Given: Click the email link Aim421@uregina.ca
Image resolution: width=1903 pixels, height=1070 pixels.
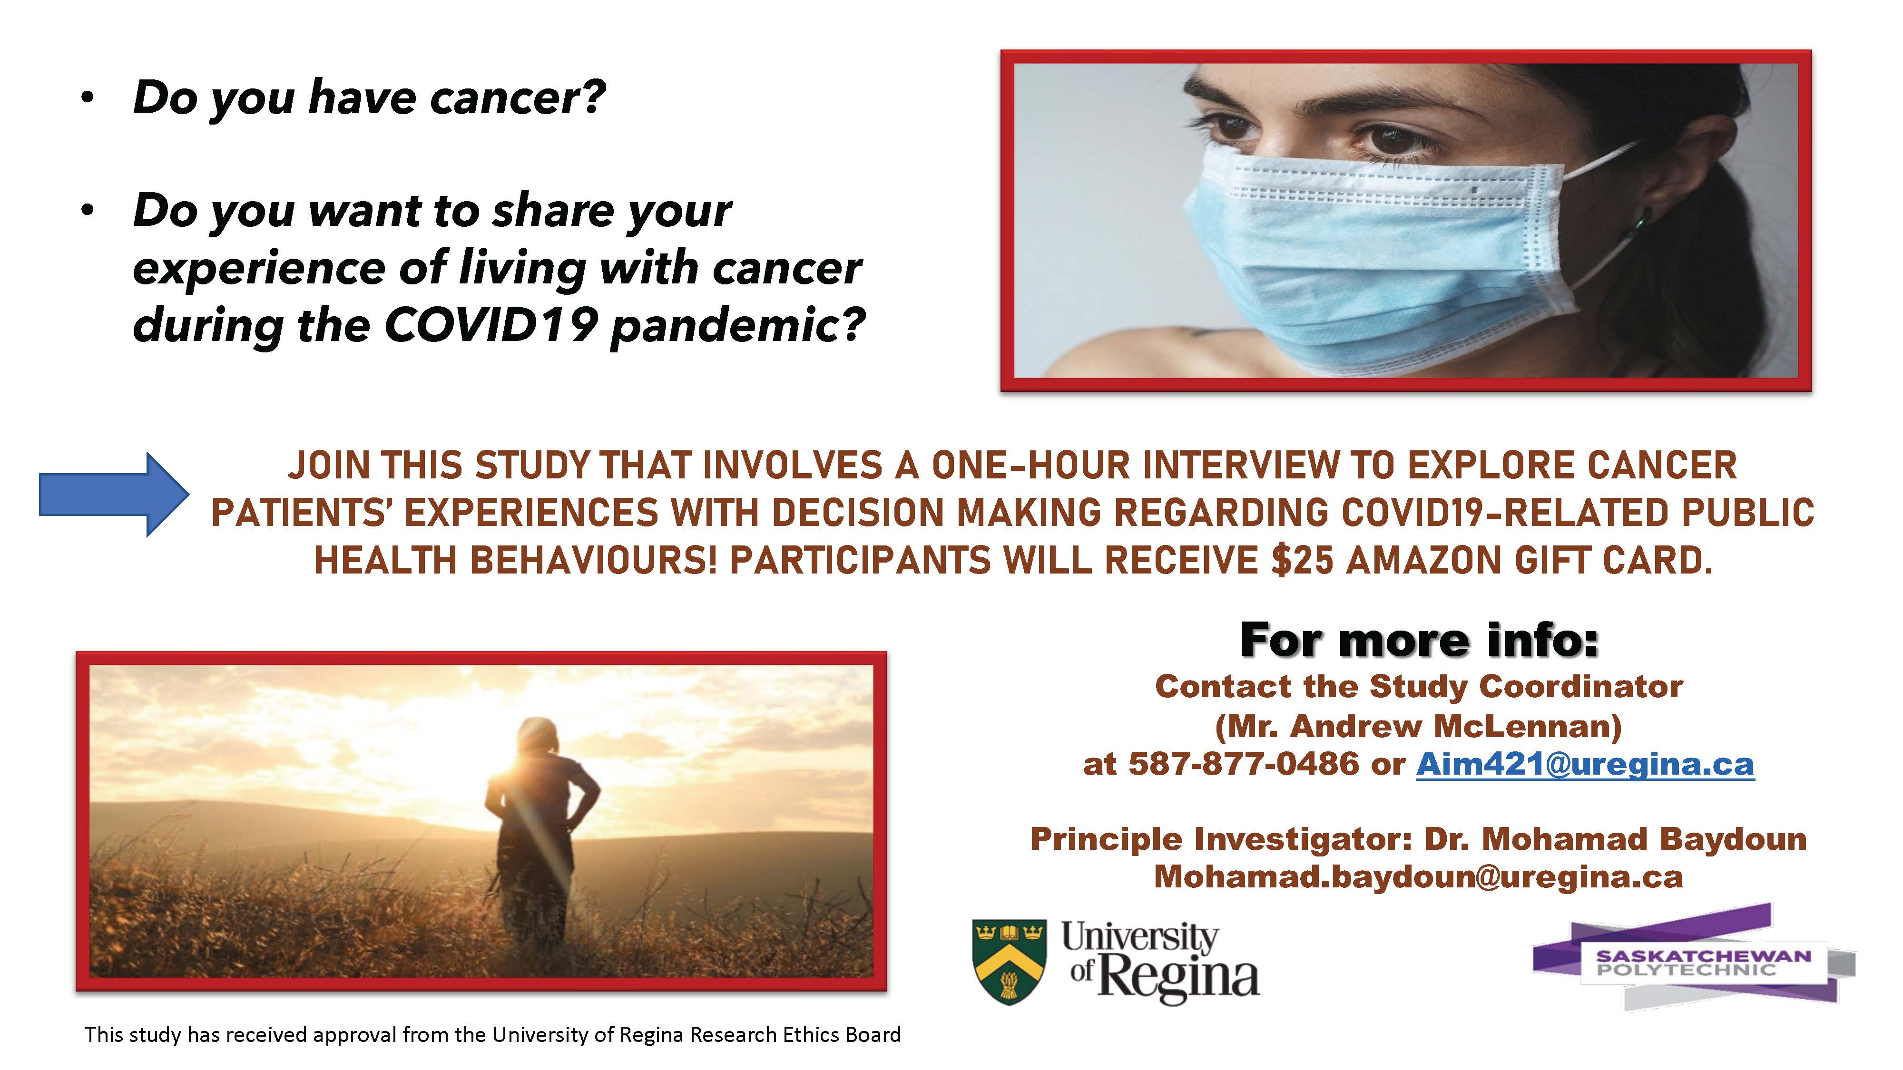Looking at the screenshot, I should point(1585,764).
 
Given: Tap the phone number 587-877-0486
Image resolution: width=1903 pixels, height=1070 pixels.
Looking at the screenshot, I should point(1243,764).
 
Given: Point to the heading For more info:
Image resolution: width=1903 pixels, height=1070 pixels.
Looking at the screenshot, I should point(1418,640).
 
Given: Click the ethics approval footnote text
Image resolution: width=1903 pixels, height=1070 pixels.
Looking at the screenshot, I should point(493,1034).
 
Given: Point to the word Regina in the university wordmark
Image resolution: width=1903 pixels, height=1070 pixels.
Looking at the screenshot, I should point(1178,977).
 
